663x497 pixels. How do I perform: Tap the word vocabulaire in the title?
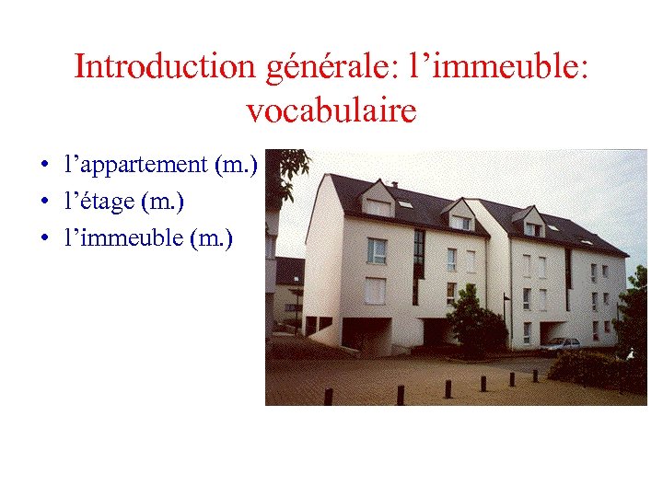pyautogui.click(x=331, y=111)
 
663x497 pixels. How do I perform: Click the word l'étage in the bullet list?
pyautogui.click(x=99, y=200)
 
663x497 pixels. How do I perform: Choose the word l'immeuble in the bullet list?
pyautogui.click(x=123, y=238)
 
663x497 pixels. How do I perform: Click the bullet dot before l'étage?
pyautogui.click(x=44, y=201)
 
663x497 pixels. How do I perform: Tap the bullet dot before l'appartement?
pyautogui.click(x=44, y=166)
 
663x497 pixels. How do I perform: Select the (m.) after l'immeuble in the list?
pyautogui.click(x=211, y=238)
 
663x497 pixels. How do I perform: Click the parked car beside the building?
pyautogui.click(x=560, y=345)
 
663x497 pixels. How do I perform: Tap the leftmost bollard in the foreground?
pyautogui.click(x=328, y=396)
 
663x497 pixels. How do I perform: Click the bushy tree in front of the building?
pyautogui.click(x=475, y=322)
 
